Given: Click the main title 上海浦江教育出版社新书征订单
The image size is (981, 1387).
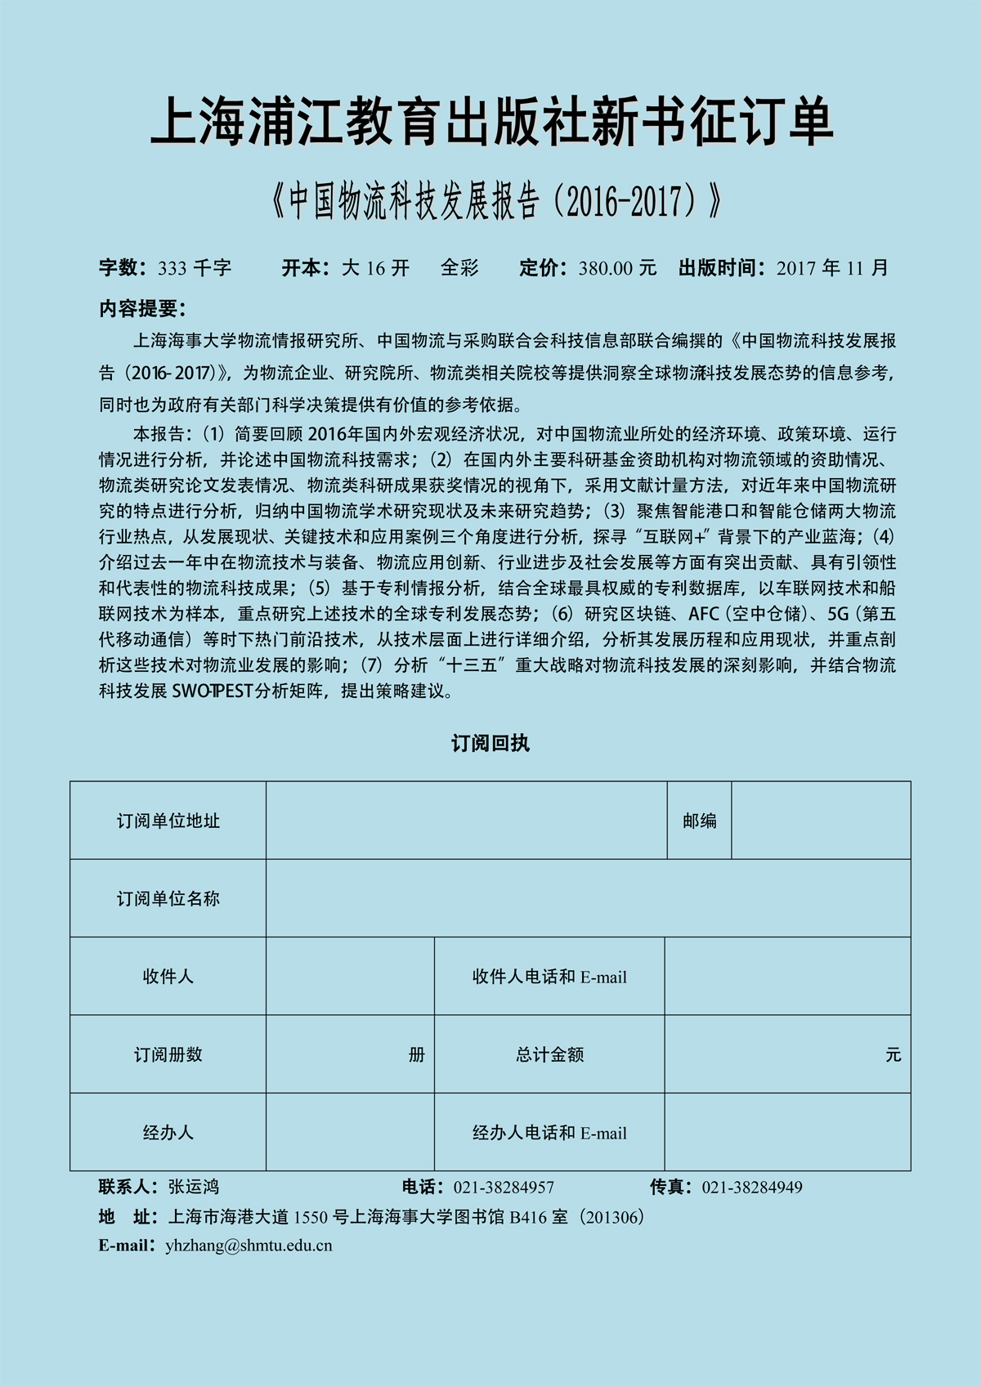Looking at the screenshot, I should click(491, 123).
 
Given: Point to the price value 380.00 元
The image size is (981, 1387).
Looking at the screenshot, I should click(617, 268).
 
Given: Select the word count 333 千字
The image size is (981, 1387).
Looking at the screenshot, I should click(195, 268).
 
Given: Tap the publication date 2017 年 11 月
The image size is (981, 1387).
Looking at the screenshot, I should click(831, 268).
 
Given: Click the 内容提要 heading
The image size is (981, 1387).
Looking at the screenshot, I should click(142, 309).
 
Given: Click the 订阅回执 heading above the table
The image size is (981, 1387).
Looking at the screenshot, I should click(490, 743).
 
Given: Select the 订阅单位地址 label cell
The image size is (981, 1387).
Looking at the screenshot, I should click(168, 821).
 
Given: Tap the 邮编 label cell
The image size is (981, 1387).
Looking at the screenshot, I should click(699, 821).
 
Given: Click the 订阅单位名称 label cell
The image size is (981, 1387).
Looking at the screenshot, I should click(168, 898).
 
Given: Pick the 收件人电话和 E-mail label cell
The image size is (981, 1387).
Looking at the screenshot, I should click(549, 977).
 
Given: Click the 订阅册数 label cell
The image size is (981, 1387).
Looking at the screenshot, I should click(168, 1054).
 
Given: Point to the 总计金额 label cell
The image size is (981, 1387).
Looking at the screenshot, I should click(549, 1054).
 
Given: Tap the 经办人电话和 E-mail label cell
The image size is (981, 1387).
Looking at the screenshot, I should click(549, 1133).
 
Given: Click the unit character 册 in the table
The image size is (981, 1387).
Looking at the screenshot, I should click(417, 1055).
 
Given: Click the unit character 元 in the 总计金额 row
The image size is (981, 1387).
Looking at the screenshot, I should click(893, 1055).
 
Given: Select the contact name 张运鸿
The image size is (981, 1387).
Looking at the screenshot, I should click(194, 1187).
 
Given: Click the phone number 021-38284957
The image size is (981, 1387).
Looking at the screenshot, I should click(504, 1187).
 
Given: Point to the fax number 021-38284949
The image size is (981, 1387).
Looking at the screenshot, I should click(752, 1187).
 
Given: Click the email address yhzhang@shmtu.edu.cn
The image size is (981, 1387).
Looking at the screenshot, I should click(249, 1246).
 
